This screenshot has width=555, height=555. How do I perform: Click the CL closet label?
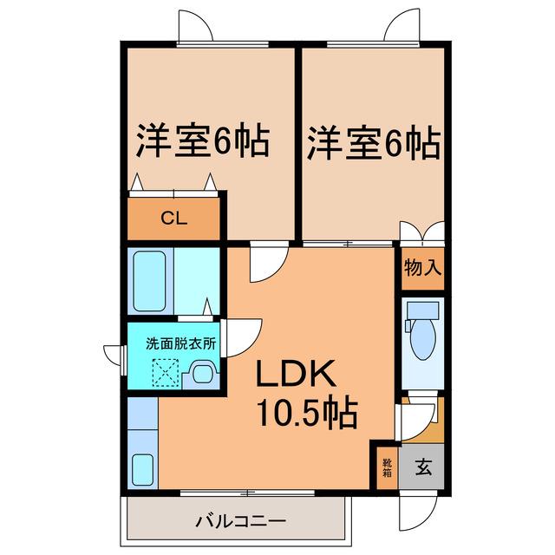(x=173, y=219)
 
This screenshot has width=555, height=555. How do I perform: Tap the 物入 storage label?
(x=422, y=267)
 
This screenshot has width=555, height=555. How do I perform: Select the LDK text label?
(x=296, y=374)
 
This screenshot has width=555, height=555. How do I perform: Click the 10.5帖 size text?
(x=307, y=414)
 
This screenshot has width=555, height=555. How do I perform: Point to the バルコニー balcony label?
(x=241, y=521)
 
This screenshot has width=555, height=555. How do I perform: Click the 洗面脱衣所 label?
(x=181, y=344)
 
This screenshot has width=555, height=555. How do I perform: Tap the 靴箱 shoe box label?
(x=387, y=467)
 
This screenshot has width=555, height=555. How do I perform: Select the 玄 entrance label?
(x=423, y=467)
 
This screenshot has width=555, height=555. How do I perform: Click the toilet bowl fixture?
(x=422, y=331)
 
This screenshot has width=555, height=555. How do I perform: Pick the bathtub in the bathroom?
(x=149, y=281)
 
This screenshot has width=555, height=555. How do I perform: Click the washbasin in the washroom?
(x=202, y=374)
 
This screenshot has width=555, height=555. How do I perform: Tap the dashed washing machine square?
(x=166, y=373)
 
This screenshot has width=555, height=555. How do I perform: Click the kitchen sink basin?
(x=142, y=469)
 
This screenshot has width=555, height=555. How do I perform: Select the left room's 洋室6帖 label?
(x=203, y=140)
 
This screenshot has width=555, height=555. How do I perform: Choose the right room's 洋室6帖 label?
(x=374, y=142)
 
